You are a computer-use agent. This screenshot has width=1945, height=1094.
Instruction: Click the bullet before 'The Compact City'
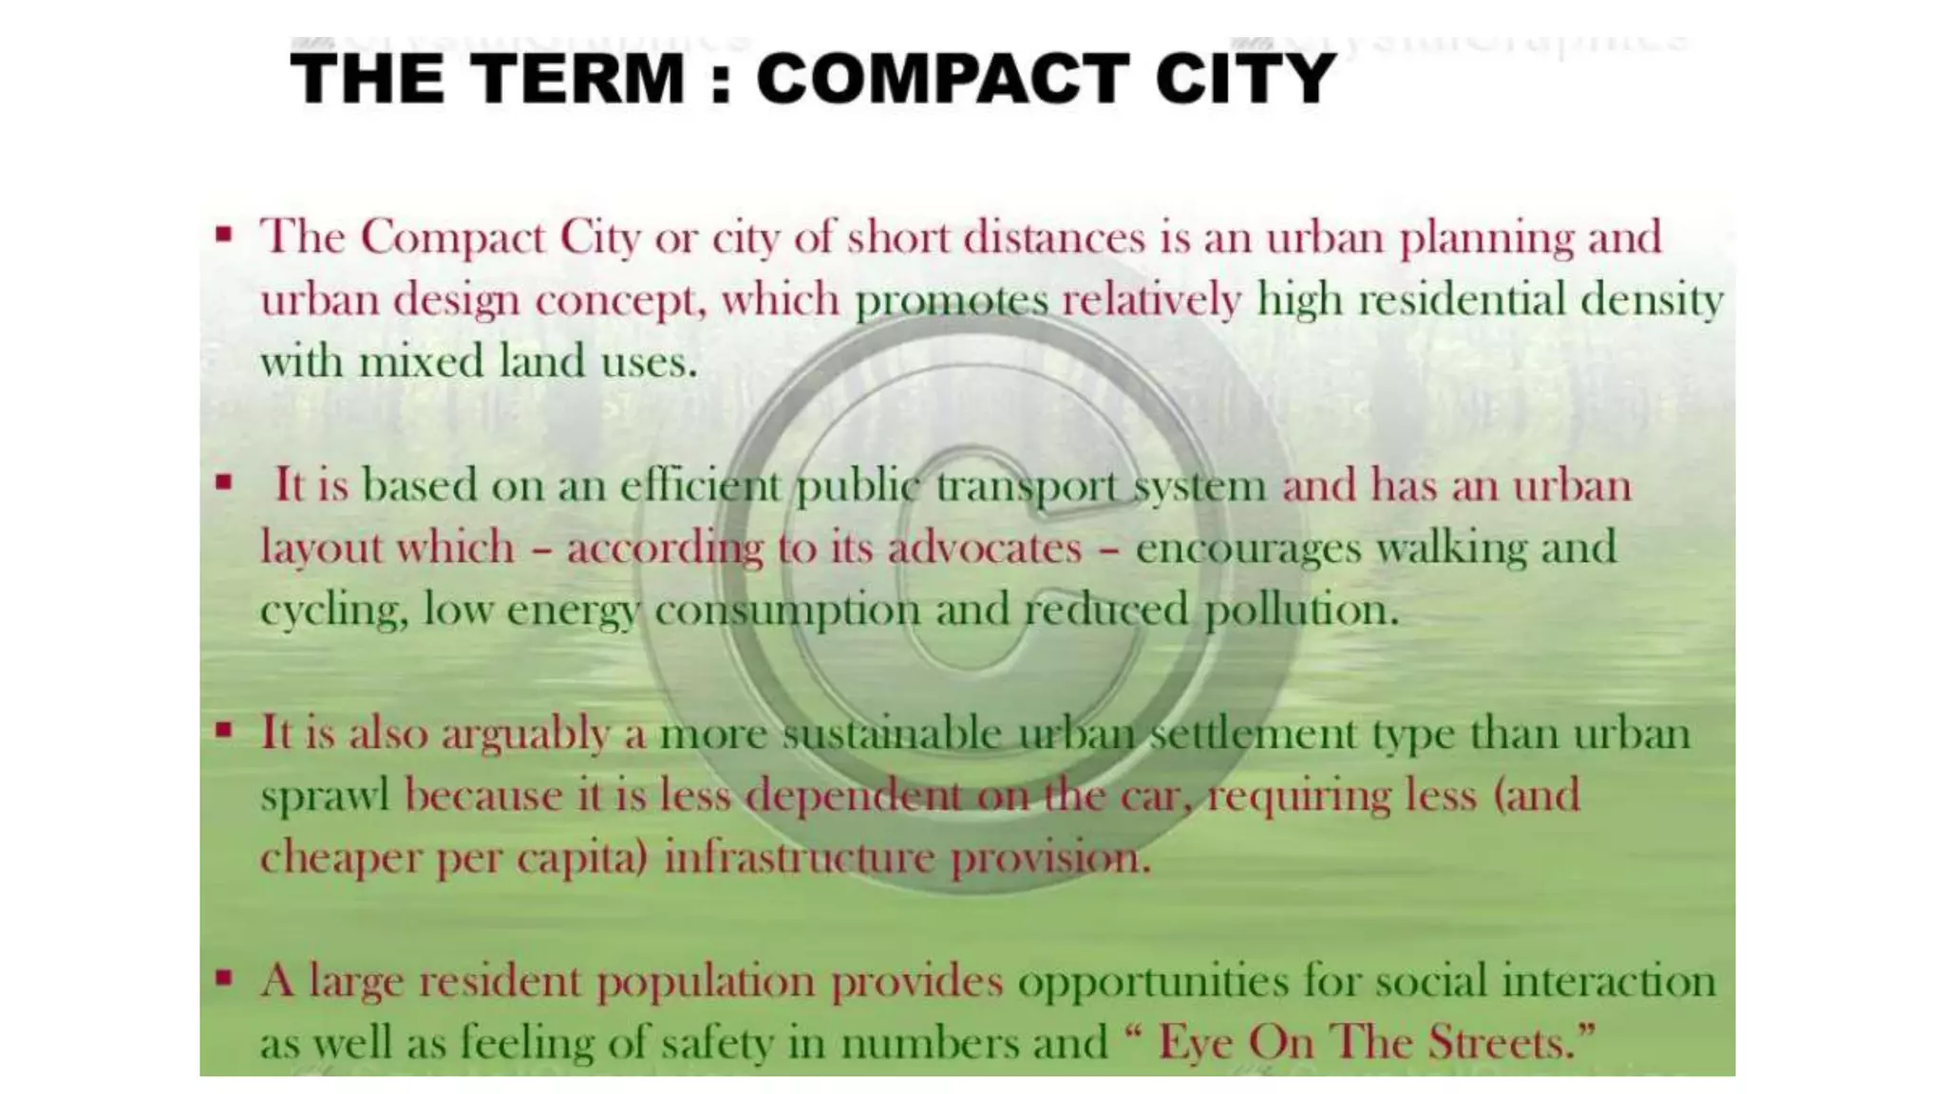tap(224, 234)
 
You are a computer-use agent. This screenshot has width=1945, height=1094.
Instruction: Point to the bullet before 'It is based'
tap(224, 482)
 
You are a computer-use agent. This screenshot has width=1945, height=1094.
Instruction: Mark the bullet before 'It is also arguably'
tap(224, 730)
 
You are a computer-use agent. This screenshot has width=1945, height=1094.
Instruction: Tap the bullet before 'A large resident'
tap(224, 977)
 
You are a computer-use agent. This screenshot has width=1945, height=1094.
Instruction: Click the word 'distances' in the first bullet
tap(1054, 237)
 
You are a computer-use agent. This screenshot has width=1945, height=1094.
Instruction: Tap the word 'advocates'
tap(985, 548)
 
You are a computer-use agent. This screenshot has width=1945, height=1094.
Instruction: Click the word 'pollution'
tap(1301, 610)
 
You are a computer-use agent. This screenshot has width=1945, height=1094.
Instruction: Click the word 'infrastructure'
tap(799, 858)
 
